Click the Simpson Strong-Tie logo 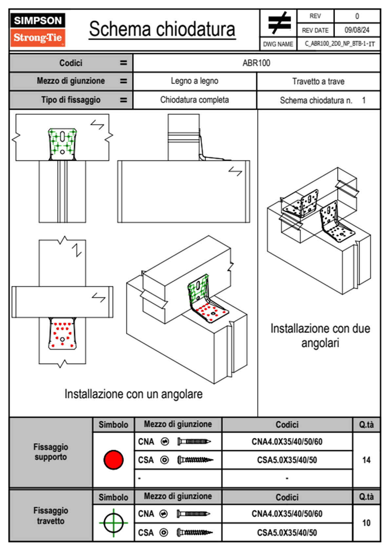click(37, 29)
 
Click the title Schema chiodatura click(162, 29)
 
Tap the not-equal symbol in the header click(279, 23)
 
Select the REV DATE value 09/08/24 click(357, 30)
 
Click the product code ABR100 click(256, 63)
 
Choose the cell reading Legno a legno click(194, 81)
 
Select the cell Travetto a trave click(318, 82)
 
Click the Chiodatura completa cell click(194, 100)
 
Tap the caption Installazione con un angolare click(133, 394)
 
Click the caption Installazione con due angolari click(320, 336)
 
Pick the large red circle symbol click(113, 460)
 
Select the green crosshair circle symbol click(113, 523)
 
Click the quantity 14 click(366, 460)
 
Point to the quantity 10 click(366, 523)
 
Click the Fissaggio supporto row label click(51, 452)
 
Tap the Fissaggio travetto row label click(51, 516)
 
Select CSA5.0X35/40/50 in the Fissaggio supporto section click(287, 460)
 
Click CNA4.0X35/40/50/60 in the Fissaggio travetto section click(287, 514)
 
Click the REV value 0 click(357, 16)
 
